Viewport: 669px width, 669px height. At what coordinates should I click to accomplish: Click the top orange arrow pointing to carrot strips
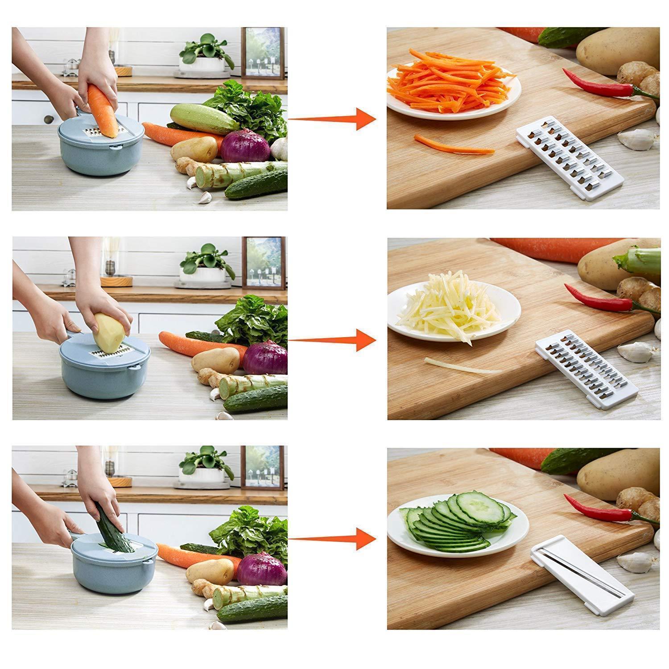click(x=332, y=119)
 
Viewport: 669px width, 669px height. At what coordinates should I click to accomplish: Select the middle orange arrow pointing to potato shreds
click(x=332, y=340)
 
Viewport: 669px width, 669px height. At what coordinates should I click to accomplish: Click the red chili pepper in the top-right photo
click(x=602, y=83)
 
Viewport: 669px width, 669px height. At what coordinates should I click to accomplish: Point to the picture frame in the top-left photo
click(x=263, y=53)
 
